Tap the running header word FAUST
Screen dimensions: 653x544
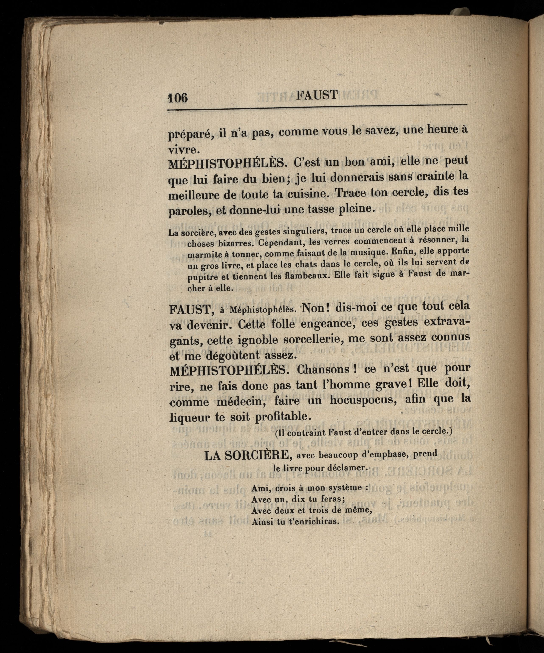[x=317, y=95]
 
